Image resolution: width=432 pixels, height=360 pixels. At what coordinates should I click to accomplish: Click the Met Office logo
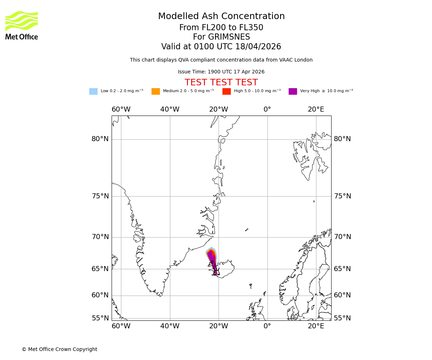tap(22, 25)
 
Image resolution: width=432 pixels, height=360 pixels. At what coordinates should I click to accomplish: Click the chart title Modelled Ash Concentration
tap(221, 17)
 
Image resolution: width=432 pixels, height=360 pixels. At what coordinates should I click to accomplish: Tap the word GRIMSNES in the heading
tap(221, 37)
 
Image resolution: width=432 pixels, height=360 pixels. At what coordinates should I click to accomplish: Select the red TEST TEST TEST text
tap(221, 83)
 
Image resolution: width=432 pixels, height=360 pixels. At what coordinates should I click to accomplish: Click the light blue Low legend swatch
tap(93, 91)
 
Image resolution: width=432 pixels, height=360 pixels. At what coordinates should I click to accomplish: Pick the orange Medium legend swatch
tap(156, 91)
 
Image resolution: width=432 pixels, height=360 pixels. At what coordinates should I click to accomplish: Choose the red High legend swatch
tap(226, 91)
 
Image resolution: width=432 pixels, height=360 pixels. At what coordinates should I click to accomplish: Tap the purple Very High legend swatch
tap(293, 91)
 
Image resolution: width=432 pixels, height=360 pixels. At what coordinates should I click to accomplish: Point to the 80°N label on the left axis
tap(100, 139)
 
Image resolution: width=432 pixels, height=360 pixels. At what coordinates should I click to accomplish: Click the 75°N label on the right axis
tap(342, 196)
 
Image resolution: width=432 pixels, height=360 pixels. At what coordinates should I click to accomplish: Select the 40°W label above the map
tap(170, 109)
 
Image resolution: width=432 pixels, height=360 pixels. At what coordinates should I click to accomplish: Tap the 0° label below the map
tap(267, 326)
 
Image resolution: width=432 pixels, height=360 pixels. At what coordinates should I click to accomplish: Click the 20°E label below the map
tap(316, 326)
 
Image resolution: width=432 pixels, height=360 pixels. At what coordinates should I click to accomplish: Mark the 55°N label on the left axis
tap(100, 318)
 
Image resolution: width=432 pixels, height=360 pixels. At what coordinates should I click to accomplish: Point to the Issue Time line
tap(221, 72)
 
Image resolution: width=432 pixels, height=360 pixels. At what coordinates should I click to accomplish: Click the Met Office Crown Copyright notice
tap(59, 350)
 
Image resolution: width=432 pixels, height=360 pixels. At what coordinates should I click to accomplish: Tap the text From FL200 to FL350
tap(221, 28)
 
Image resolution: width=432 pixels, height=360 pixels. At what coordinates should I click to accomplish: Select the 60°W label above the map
tap(121, 109)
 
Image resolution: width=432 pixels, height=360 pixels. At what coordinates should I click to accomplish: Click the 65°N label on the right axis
tap(342, 269)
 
